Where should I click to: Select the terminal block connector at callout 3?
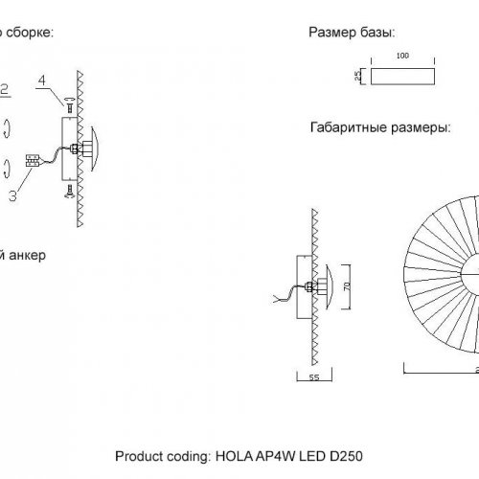[32, 161]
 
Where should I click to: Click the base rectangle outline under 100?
[402, 77]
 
